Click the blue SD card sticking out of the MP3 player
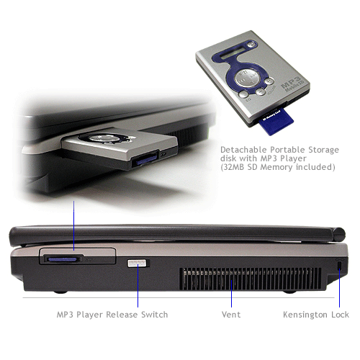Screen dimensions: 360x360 pyautogui.click(x=277, y=122)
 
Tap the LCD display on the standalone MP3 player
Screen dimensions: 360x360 pyautogui.click(x=233, y=54)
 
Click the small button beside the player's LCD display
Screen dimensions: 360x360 pyautogui.click(x=251, y=45)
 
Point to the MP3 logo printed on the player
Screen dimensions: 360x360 pyautogui.click(x=292, y=84)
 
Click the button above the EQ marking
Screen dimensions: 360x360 pyautogui.click(x=243, y=94)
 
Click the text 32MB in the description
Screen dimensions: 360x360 pyautogui.click(x=233, y=167)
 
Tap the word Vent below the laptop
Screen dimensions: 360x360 pyautogui.click(x=231, y=315)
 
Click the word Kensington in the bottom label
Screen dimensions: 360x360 pyautogui.click(x=305, y=315)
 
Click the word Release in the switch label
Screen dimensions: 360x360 pyautogui.click(x=122, y=315)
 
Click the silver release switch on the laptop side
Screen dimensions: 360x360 pyautogui.click(x=137, y=263)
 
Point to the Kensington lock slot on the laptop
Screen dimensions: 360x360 pyautogui.click(x=339, y=266)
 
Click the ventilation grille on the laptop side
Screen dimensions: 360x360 pyautogui.click(x=250, y=279)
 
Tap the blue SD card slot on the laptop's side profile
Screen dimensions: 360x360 pyautogui.click(x=62, y=259)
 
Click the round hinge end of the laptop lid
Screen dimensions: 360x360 pyautogui.click(x=339, y=235)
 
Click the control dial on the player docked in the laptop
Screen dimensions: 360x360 pyautogui.click(x=105, y=138)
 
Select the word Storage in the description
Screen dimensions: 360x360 pyautogui.click(x=323, y=150)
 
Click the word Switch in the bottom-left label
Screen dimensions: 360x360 pyautogui.click(x=154, y=315)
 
